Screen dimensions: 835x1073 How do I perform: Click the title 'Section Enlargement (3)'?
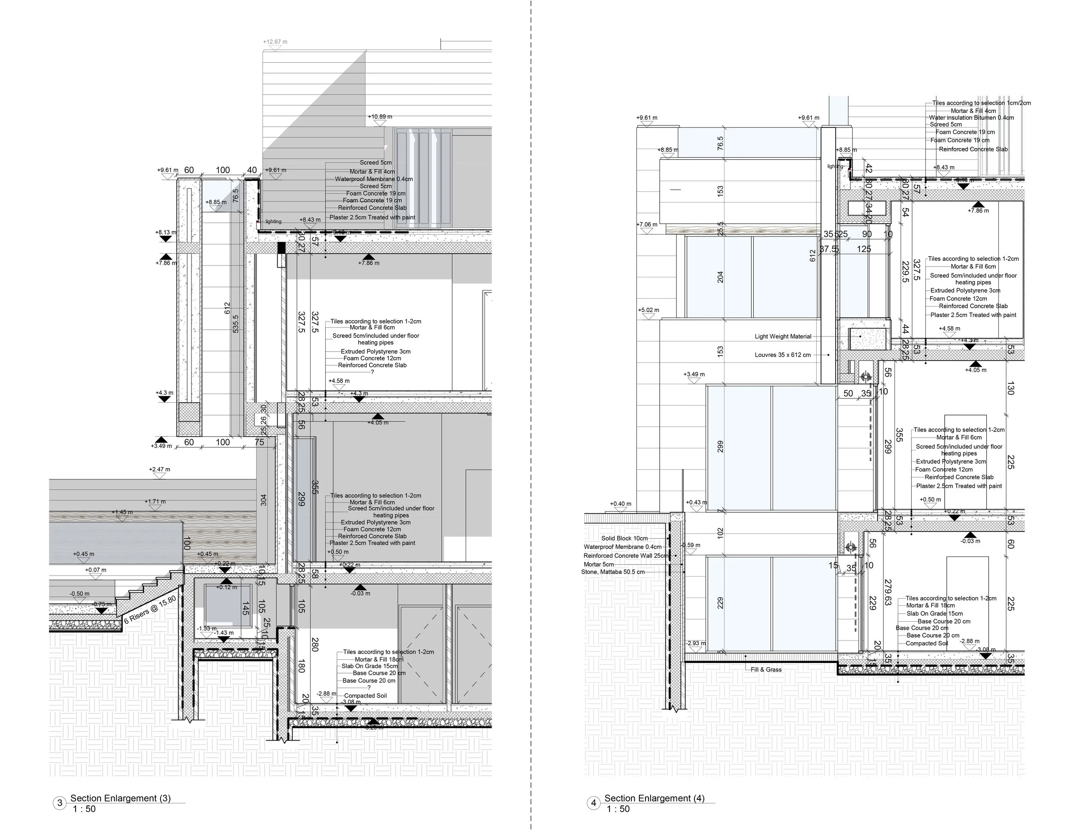click(x=120, y=798)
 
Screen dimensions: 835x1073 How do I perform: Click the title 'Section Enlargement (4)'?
click(x=654, y=798)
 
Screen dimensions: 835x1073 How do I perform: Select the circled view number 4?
click(x=594, y=804)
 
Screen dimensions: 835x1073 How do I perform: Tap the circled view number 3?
click(x=60, y=804)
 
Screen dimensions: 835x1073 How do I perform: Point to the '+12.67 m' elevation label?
click(x=275, y=42)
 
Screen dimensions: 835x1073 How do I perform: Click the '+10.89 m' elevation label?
click(x=380, y=117)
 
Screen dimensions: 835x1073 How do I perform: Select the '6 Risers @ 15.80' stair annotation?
click(x=150, y=610)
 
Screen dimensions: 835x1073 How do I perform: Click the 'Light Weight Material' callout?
click(x=782, y=337)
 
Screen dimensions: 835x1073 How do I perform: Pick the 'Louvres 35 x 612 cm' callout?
click(x=782, y=355)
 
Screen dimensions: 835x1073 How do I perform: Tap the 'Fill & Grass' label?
click(x=766, y=669)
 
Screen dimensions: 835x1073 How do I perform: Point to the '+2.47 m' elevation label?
click(x=160, y=469)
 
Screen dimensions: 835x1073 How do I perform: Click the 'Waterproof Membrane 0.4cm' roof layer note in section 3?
click(x=373, y=179)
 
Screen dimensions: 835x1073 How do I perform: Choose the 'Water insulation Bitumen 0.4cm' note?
click(x=971, y=118)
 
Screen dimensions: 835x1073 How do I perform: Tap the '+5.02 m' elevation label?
click(x=649, y=310)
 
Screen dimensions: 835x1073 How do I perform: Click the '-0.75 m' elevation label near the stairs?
click(x=102, y=604)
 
